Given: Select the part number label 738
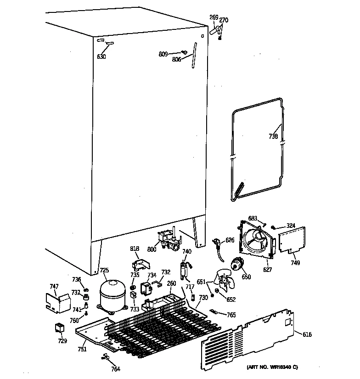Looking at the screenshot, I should pos(273,136).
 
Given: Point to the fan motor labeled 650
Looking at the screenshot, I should pos(237,264).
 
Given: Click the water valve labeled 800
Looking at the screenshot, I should pos(168,241).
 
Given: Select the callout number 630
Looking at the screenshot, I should pos(101,57).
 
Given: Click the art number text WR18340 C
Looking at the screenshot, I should pos(272,367).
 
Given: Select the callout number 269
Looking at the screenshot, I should pos(214,17).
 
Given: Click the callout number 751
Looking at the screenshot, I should pos(81,349).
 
